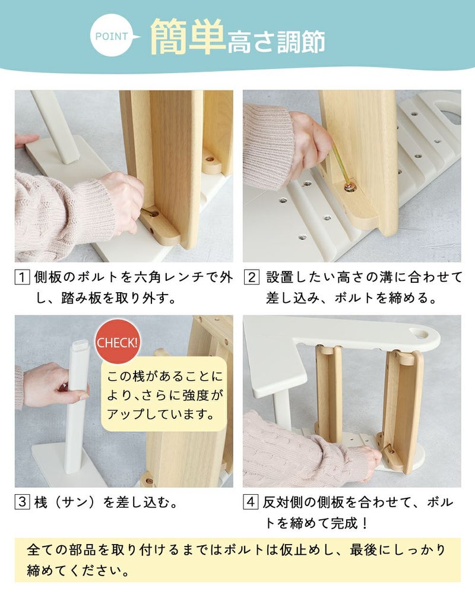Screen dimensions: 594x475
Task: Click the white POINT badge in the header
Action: click(113, 37)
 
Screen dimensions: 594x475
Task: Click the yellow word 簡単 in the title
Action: click(186, 37)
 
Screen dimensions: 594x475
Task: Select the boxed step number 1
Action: click(22, 277)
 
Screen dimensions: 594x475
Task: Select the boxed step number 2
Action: click(252, 277)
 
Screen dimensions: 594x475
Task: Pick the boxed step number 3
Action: click(22, 503)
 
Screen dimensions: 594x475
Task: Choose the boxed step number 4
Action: click(252, 503)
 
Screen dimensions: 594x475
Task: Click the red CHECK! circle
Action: click(118, 343)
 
